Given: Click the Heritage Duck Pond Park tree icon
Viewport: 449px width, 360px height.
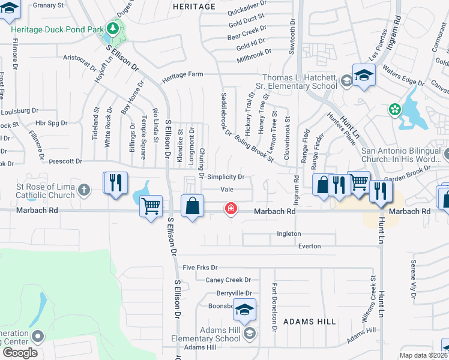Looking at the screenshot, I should click(x=112, y=28).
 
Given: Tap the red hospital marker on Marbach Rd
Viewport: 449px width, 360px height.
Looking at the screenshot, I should click(x=230, y=209).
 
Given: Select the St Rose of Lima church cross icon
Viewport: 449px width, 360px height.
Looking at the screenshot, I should click(x=84, y=191).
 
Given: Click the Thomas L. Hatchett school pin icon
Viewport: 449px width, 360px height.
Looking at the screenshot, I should click(x=363, y=76).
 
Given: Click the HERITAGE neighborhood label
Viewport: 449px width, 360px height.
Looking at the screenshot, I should click(x=193, y=7).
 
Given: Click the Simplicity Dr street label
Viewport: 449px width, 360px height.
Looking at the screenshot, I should click(x=226, y=177).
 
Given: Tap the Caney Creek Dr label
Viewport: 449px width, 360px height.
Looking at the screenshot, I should click(x=228, y=280).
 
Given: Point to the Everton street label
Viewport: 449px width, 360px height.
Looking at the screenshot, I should click(x=309, y=246).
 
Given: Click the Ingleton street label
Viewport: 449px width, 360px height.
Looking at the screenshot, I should click(x=289, y=233).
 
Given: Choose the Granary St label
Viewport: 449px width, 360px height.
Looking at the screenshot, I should click(x=48, y=5).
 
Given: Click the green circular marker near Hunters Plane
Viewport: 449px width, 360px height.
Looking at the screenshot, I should click(x=394, y=109).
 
